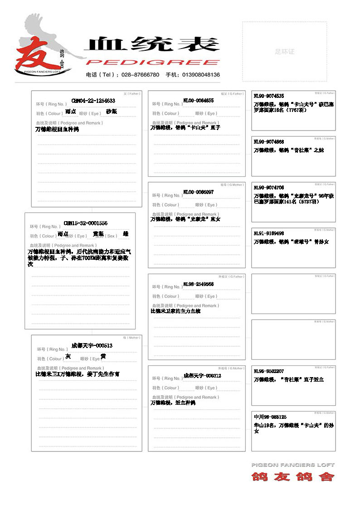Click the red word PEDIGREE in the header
[x=152, y=62]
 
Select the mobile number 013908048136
[x=201, y=75]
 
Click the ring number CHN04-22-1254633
[x=93, y=101]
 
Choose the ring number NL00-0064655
[x=198, y=101]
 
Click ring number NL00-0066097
[x=198, y=192]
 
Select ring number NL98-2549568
[x=198, y=284]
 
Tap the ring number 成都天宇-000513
[x=92, y=345]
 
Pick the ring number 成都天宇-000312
[x=202, y=376]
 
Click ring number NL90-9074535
[x=269, y=96]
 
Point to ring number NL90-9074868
[x=269, y=142]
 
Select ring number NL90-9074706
[x=269, y=188]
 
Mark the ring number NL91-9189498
[x=269, y=233]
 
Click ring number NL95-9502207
[x=269, y=371]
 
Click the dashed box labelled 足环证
[x=285, y=51]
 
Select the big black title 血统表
[x=152, y=44]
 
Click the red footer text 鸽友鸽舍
[x=293, y=476]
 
